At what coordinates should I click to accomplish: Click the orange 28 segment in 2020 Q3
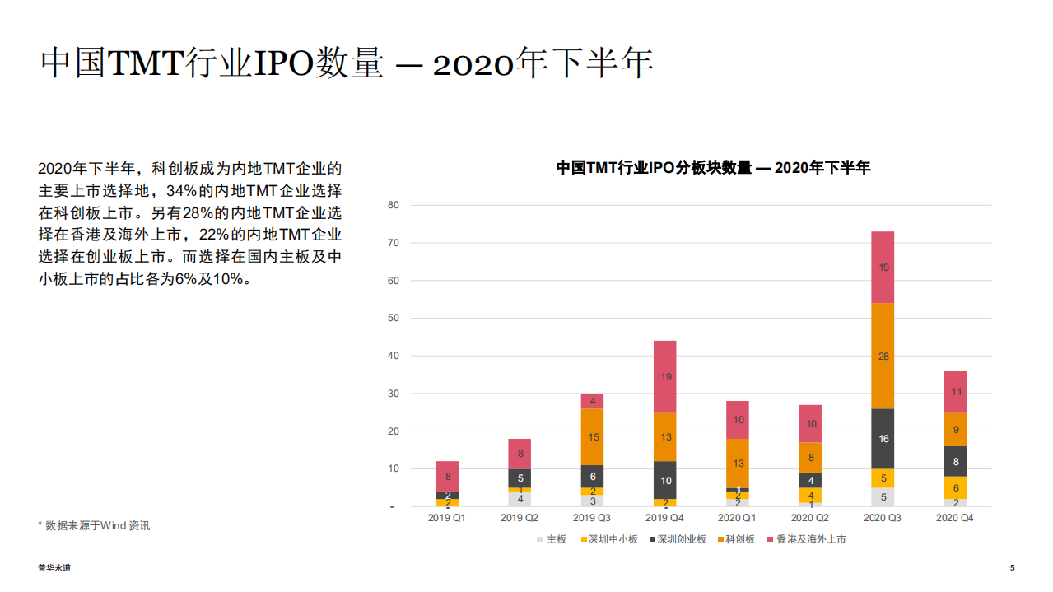[x=883, y=356]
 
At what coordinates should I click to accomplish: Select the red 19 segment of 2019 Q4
[x=665, y=376]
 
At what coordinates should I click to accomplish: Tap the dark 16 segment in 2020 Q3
[x=883, y=439]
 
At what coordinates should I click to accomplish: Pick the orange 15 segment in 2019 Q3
[x=593, y=437]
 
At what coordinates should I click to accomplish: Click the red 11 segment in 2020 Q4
[x=955, y=392]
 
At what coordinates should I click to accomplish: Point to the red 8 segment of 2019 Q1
[x=447, y=476]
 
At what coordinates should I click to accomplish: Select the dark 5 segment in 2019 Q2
[x=520, y=478]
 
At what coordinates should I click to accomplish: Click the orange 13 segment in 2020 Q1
[x=738, y=463]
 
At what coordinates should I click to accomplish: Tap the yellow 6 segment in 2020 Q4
[x=955, y=487]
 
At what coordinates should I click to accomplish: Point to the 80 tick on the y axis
[x=394, y=205]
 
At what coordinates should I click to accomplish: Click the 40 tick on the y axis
[x=394, y=356]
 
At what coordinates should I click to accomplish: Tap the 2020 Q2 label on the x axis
[x=810, y=518]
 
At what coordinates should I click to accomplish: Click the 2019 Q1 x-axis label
[x=447, y=518]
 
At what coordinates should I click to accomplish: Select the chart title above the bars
[x=713, y=168]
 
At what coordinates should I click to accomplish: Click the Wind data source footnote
[x=94, y=525]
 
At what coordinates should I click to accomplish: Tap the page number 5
[x=1012, y=568]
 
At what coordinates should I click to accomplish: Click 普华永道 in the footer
[x=54, y=568]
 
